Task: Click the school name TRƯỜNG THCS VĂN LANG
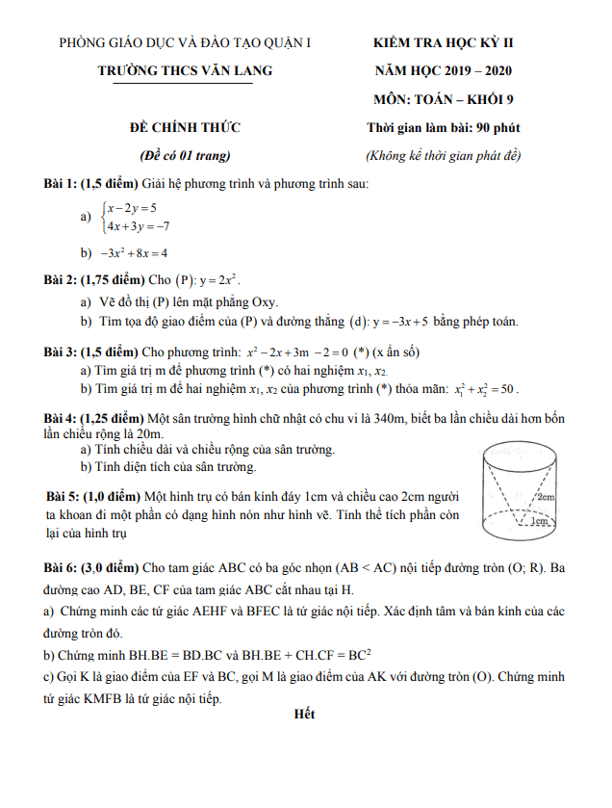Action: [x=185, y=70]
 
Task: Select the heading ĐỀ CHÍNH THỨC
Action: [x=186, y=127]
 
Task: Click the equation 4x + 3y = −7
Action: [x=139, y=226]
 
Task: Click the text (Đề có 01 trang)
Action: [x=185, y=156]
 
